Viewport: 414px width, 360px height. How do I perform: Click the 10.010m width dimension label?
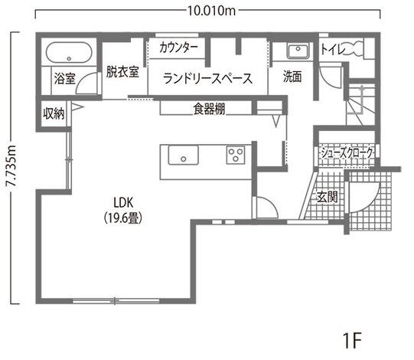[x=211, y=11]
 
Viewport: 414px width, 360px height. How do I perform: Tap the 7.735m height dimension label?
[x=11, y=165]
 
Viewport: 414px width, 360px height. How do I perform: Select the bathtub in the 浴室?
[x=69, y=53]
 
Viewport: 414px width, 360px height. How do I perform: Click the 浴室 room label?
[x=65, y=78]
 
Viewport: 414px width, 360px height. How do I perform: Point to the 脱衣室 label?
[x=122, y=72]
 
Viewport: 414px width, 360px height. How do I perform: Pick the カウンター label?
[x=178, y=47]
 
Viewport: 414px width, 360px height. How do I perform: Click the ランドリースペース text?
[x=207, y=78]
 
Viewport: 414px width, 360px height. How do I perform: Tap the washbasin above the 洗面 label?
[x=298, y=51]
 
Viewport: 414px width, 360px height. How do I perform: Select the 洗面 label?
[x=292, y=77]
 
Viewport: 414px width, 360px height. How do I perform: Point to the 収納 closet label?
[x=54, y=114]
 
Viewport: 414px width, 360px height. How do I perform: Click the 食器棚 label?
[x=209, y=109]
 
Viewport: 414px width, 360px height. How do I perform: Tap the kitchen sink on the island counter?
[x=183, y=155]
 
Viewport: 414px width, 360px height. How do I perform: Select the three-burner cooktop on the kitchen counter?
[x=236, y=155]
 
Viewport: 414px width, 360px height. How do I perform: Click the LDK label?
[x=123, y=203]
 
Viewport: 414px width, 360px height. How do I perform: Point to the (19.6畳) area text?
[x=123, y=218]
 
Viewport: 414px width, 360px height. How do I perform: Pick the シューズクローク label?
[x=347, y=152]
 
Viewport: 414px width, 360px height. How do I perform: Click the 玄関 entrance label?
[x=327, y=197]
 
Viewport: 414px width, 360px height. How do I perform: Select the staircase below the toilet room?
[x=360, y=104]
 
